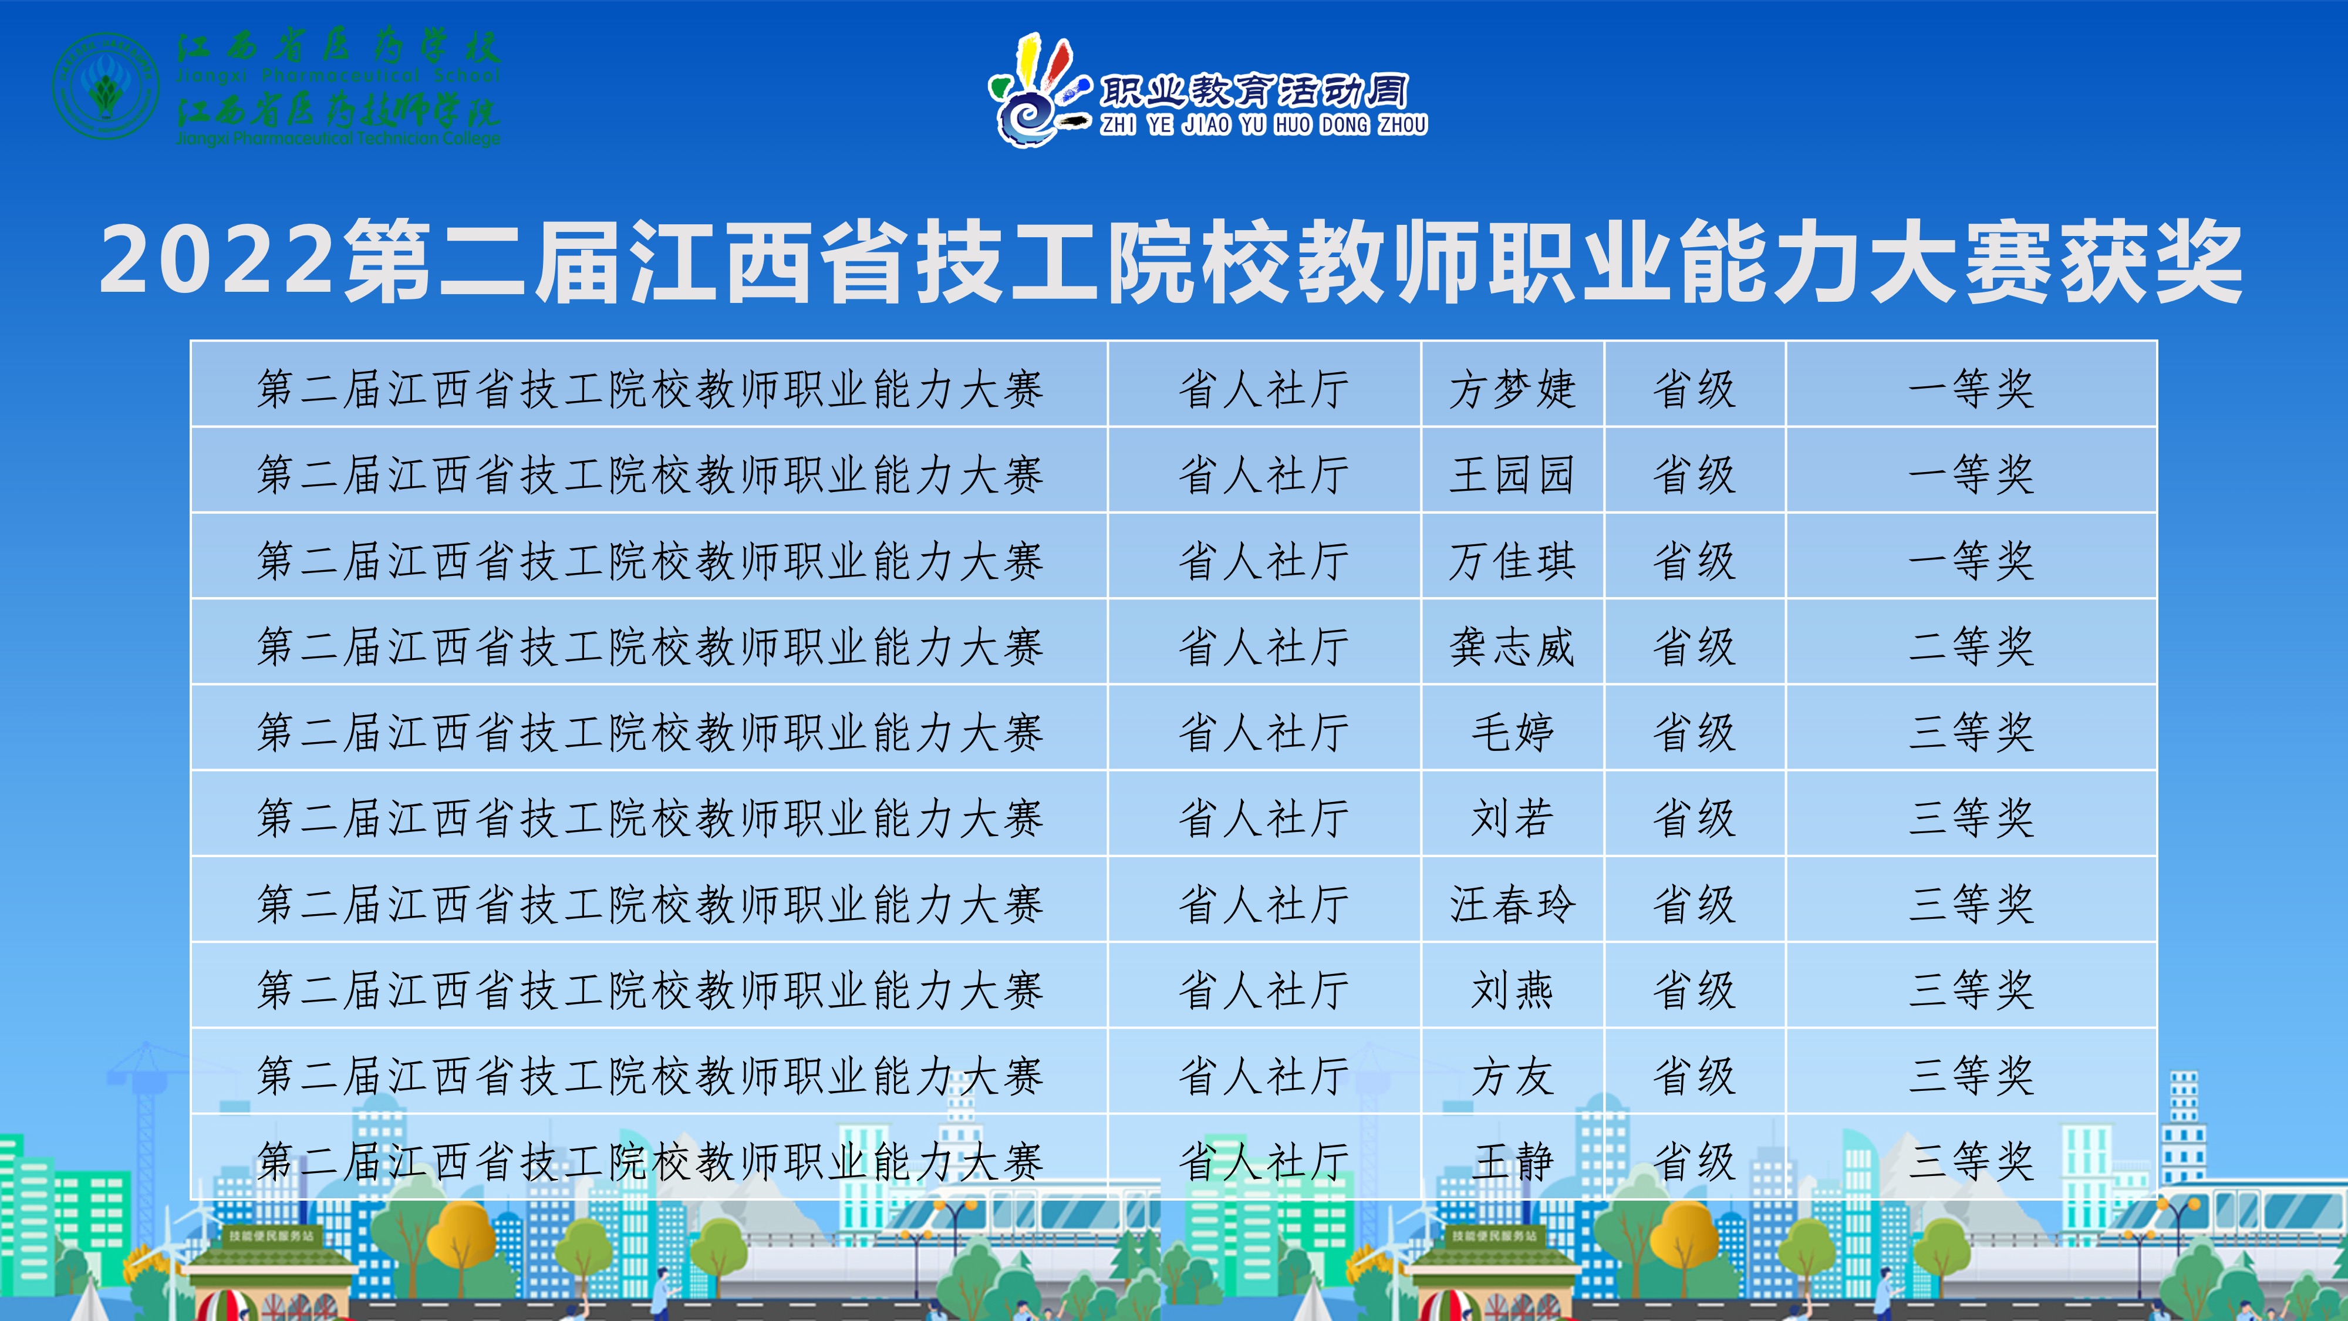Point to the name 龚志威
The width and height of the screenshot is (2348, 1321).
[1512, 646]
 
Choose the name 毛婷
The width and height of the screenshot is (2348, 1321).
[1512, 732]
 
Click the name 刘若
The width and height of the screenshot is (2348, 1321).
[1512, 818]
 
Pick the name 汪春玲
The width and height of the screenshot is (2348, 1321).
[1512, 904]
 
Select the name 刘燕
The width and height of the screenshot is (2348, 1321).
[1512, 990]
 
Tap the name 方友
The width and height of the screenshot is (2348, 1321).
[1512, 1076]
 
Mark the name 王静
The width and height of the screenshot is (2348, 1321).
[1512, 1161]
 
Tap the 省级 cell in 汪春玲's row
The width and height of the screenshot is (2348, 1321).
[1695, 904]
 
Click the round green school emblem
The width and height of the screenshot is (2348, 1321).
[107, 86]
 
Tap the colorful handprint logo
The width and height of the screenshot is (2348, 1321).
[1039, 89]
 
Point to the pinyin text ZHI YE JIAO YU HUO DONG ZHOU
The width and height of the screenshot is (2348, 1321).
[1263, 124]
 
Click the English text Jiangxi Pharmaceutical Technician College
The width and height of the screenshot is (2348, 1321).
[338, 139]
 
